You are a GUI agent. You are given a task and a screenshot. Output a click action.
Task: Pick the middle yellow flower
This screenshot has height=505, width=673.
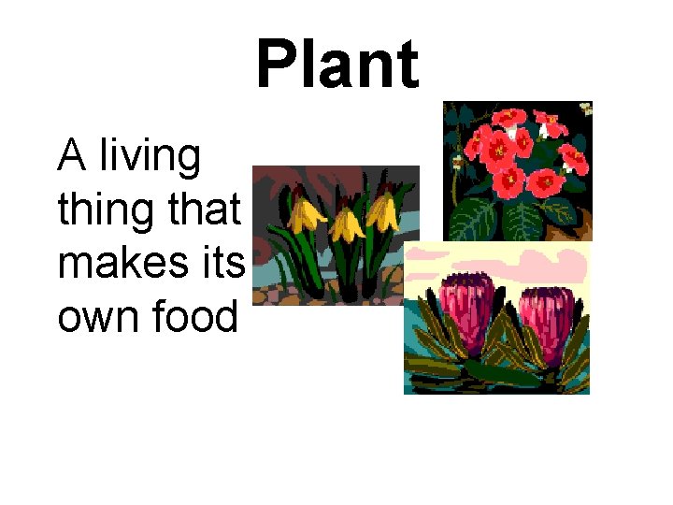pos(347,224)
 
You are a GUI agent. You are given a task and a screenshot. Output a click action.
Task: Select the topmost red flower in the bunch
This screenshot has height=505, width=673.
pos(509,119)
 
